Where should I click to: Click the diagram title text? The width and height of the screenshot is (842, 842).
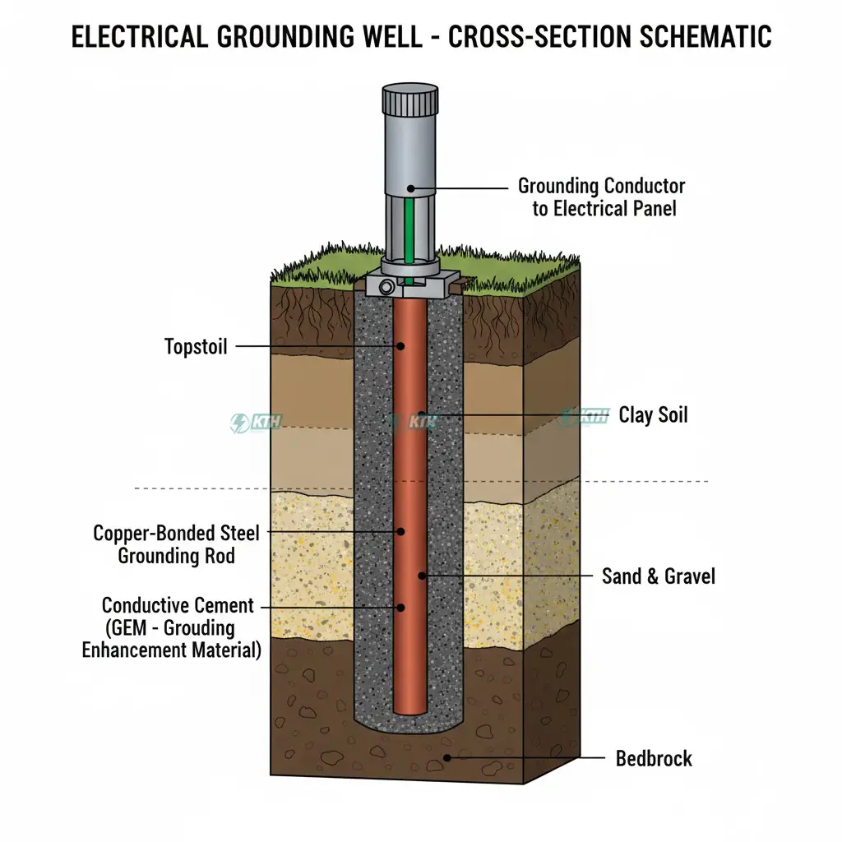(x=421, y=37)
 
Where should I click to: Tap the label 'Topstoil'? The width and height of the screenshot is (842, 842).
(x=196, y=346)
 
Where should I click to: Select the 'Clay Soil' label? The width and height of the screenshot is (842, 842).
(x=653, y=414)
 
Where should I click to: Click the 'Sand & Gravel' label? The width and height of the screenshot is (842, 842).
(x=658, y=576)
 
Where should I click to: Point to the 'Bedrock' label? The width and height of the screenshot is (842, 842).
(x=654, y=757)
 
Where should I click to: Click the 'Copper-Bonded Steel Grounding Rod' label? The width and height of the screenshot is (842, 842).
(x=176, y=544)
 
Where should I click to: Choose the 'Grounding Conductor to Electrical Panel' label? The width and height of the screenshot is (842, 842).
(x=602, y=197)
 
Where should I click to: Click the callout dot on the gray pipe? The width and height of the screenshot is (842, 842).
(x=411, y=188)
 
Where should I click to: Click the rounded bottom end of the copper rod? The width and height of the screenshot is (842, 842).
(x=410, y=708)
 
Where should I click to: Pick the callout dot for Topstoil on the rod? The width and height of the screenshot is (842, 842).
(x=401, y=346)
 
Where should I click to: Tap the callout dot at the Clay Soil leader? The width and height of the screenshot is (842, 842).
(x=422, y=414)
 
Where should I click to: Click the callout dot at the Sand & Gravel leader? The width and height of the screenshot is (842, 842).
(x=423, y=576)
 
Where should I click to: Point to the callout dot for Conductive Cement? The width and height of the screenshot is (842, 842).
(x=400, y=608)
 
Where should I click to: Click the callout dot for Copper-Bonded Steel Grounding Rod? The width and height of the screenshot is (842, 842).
(x=400, y=532)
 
